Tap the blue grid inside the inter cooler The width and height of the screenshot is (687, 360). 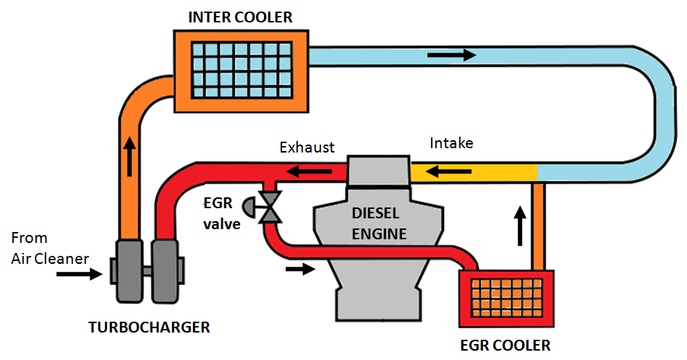tap(243, 69)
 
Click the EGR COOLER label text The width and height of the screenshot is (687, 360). tap(505, 345)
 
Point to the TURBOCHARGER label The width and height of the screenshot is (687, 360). tap(149, 327)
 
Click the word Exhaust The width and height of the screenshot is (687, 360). tap(307, 147)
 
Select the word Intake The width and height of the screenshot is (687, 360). tap(451, 143)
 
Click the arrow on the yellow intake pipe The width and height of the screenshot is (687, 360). tap(443, 173)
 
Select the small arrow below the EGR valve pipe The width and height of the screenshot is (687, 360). tap(300, 270)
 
